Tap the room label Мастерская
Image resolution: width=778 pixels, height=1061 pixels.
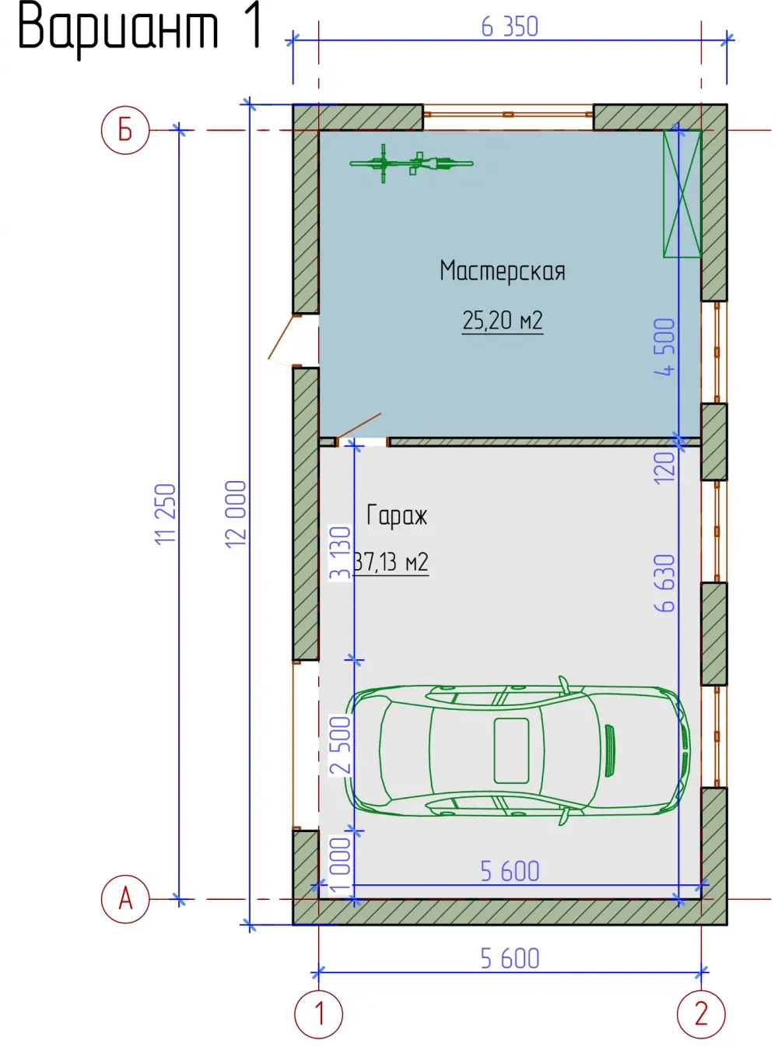503,272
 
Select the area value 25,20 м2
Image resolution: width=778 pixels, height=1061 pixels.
503,321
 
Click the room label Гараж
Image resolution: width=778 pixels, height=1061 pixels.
397,515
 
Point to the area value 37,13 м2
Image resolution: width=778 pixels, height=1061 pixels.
391,562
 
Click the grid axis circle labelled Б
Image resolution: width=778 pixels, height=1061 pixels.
125,130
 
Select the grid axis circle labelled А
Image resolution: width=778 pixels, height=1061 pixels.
125,898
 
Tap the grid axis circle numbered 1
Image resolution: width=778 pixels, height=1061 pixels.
319,1014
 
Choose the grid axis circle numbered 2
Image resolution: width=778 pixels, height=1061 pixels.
701,1014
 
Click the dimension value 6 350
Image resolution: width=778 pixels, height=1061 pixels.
510,26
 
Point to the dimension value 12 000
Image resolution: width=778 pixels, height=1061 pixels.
236,515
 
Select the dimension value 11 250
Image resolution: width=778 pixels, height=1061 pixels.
165,514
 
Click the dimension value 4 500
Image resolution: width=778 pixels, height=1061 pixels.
664,347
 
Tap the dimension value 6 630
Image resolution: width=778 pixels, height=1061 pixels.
664,583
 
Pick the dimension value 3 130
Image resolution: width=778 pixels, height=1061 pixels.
340,553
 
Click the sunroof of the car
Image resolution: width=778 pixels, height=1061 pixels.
511,750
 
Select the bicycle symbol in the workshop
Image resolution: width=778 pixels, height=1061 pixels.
411,163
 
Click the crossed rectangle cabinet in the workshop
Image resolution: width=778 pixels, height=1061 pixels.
682,194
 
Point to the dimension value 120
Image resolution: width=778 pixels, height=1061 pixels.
664,468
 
